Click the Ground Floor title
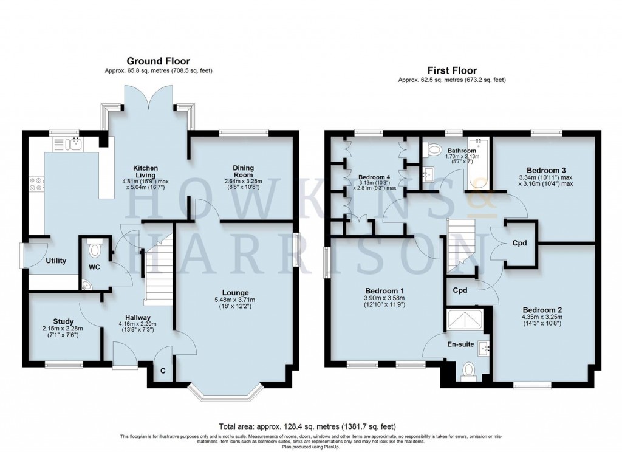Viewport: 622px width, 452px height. tap(158, 61)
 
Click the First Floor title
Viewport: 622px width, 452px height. tap(452, 70)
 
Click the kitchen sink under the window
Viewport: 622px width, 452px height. tap(69, 144)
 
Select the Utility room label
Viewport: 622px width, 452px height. tap(55, 261)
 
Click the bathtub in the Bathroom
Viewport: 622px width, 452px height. tap(477, 163)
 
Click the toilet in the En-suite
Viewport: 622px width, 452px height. tap(468, 371)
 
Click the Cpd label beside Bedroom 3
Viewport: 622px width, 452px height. tap(519, 243)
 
